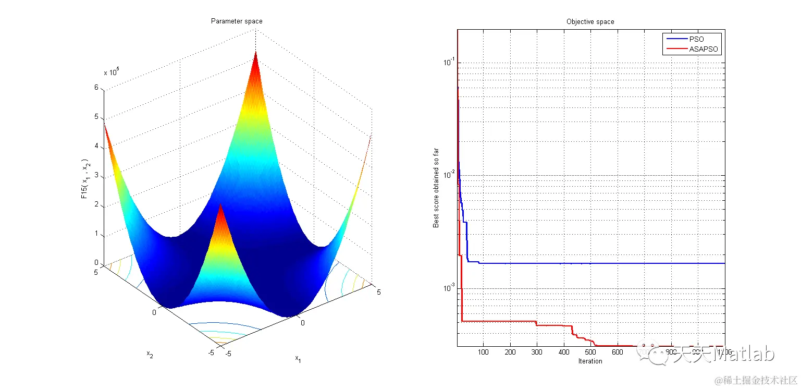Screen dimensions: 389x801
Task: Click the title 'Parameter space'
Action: [x=236, y=21]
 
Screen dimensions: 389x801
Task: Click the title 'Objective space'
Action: [x=590, y=22]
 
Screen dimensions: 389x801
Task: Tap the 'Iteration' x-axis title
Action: [x=590, y=361]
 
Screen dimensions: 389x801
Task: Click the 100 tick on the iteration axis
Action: [x=484, y=352]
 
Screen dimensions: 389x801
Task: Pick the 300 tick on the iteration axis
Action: [x=537, y=352]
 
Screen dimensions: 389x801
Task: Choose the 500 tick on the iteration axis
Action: [x=590, y=352]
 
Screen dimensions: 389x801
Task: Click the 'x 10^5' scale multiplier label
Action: [x=112, y=72]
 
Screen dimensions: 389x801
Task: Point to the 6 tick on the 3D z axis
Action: [x=96, y=88]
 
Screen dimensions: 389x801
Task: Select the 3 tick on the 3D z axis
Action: [x=96, y=176]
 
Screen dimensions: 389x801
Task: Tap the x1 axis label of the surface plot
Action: [x=298, y=358]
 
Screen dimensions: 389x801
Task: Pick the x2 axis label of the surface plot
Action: [x=150, y=355]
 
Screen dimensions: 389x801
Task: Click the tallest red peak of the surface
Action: [x=256, y=55]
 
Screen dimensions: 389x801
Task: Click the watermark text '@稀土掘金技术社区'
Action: [x=756, y=380]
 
